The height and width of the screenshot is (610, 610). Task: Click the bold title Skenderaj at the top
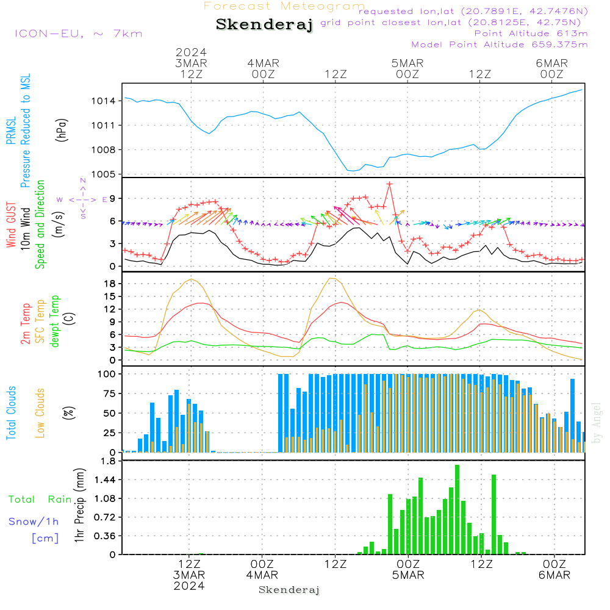(264, 25)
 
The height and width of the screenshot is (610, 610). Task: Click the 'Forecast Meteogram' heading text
(284, 7)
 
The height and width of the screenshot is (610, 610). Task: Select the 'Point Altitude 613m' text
(531, 34)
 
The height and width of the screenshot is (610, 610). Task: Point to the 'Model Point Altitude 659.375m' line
(500, 45)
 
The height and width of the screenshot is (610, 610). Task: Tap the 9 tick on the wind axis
(112, 198)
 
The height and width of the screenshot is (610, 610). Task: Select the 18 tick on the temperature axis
(110, 284)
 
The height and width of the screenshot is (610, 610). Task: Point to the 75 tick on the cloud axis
(109, 393)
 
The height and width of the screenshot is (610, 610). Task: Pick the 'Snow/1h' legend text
(34, 522)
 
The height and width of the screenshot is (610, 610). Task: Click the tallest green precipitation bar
(457, 509)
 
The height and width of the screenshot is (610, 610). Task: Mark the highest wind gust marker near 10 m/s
(389, 184)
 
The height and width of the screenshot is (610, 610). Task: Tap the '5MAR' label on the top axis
(407, 63)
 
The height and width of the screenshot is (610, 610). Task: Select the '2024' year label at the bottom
(189, 586)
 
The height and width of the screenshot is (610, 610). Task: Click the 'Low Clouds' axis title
(41, 412)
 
